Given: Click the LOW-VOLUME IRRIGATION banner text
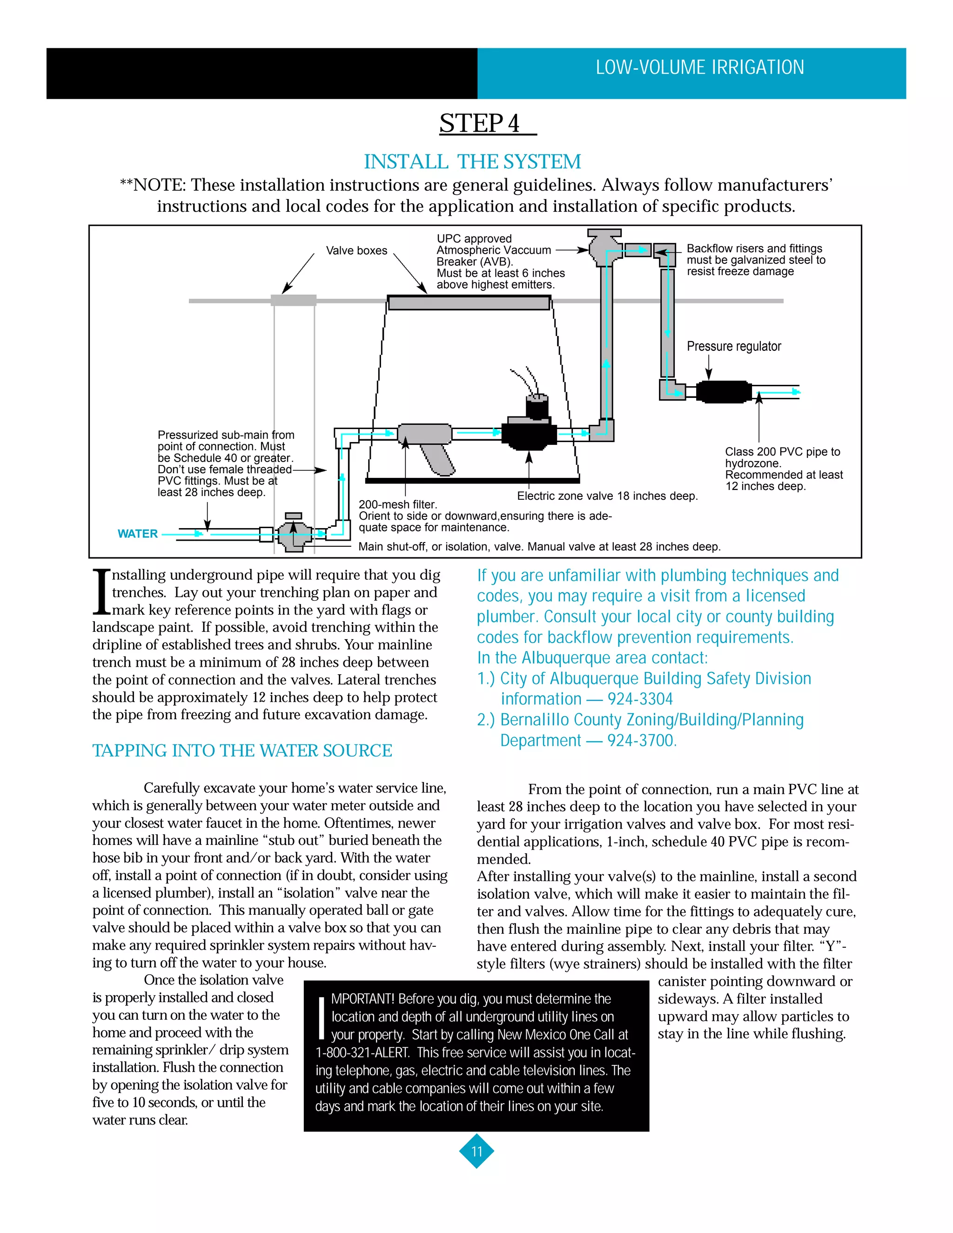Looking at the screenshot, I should [699, 68].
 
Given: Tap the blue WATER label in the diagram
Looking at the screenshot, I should [137, 534].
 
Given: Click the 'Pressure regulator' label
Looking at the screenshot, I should [733, 347].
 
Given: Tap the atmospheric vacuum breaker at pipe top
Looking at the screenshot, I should [604, 247].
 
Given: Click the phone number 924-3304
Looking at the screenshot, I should [640, 699].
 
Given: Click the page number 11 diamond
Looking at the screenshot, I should [476, 1151].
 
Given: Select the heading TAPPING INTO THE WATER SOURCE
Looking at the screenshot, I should [242, 751].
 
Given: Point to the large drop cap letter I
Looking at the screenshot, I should [101, 592].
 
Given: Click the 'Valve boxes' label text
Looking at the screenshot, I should [356, 251].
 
